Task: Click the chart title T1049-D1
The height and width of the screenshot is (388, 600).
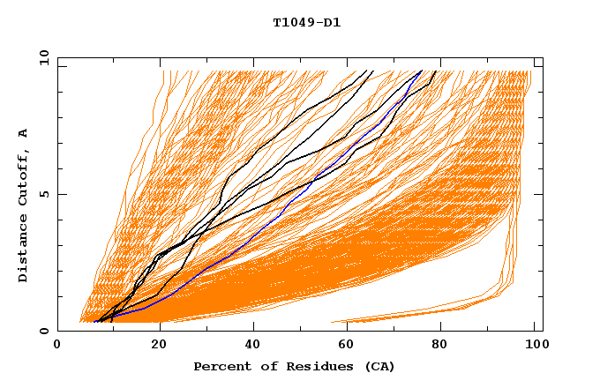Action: [x=306, y=23]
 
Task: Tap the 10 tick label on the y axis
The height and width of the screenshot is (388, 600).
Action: [x=41, y=57]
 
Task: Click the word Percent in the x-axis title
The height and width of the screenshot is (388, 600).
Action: [x=221, y=367]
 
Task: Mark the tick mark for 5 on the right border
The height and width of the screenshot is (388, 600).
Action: [x=539, y=194]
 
